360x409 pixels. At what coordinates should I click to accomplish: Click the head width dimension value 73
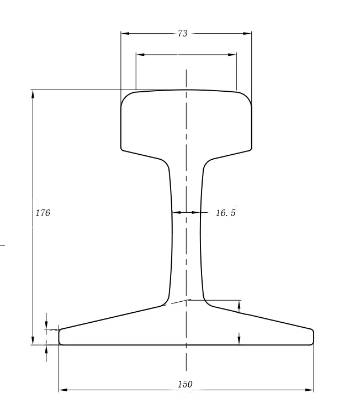[x=182, y=34]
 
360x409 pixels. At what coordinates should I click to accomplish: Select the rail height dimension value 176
[x=43, y=213]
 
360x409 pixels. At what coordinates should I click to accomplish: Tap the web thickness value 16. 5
[x=225, y=213]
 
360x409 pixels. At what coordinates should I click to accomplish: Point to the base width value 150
[x=186, y=384]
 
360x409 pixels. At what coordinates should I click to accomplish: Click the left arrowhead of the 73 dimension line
[x=124, y=34]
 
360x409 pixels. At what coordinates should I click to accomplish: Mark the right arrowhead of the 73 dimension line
[x=248, y=34]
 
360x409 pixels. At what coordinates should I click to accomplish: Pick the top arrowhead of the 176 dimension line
[x=33, y=94]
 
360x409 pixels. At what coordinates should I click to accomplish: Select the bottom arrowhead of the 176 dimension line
[x=33, y=340]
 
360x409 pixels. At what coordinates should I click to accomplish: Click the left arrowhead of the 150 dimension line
[x=62, y=390]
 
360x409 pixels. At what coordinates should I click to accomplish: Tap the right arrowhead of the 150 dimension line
[x=310, y=390]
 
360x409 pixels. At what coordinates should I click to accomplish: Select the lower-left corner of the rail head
[x=122, y=149]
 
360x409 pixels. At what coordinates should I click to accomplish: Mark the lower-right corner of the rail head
[x=251, y=149]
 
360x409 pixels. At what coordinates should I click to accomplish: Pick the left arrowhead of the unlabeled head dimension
[x=140, y=55]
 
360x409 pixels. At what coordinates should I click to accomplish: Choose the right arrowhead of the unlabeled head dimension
[x=233, y=55]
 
